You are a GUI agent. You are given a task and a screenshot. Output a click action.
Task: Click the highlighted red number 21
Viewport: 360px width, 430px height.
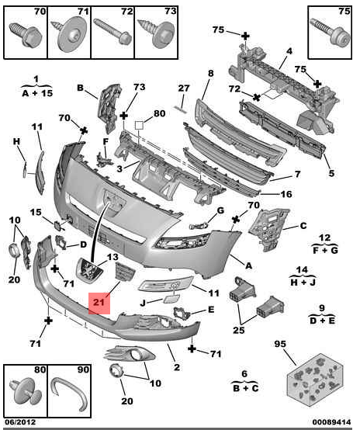99,302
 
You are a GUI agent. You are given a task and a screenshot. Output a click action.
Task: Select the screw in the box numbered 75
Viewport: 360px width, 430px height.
331,32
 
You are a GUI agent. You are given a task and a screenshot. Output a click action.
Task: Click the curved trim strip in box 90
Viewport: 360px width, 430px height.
71,394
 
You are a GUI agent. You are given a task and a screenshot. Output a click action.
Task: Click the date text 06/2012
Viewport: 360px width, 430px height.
20,422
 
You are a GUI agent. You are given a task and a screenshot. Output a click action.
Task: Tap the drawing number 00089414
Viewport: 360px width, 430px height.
331,422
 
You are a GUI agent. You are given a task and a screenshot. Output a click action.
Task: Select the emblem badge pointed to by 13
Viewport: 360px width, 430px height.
90,270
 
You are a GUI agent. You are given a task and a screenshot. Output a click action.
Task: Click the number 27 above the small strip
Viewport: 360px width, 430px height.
184,88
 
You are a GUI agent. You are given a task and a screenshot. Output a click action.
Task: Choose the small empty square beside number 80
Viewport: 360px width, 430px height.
139,126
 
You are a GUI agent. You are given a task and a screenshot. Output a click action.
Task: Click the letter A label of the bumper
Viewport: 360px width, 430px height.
248,265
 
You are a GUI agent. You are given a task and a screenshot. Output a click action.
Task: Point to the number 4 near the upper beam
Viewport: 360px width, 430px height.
289,51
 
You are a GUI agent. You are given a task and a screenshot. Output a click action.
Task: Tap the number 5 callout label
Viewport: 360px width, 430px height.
331,173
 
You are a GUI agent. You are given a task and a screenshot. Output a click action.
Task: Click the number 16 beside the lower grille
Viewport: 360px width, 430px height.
286,194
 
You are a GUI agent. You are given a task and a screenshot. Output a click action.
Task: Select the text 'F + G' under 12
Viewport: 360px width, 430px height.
325,250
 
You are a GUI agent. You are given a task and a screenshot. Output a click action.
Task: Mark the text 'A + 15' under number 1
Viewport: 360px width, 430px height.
37,93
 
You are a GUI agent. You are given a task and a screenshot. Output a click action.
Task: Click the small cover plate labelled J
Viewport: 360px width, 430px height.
172,299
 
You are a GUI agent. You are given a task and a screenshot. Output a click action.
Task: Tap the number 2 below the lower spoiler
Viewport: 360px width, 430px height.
177,367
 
